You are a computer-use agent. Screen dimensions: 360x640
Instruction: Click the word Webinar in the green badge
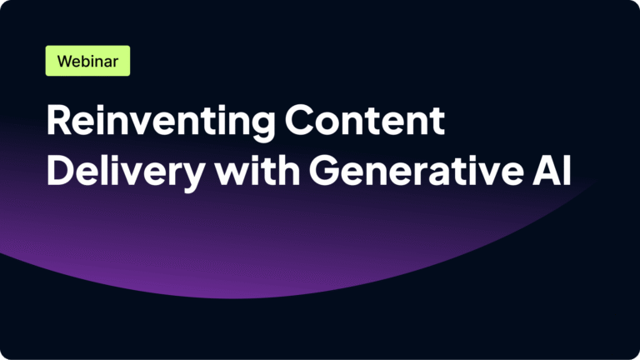pos(87,62)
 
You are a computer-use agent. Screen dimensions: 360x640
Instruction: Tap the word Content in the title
pos(364,122)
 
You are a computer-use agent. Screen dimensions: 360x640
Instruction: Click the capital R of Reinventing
pos(58,122)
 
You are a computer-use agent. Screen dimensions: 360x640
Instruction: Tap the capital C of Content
pos(301,122)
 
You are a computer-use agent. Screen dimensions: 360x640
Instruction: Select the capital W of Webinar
pos(65,62)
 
